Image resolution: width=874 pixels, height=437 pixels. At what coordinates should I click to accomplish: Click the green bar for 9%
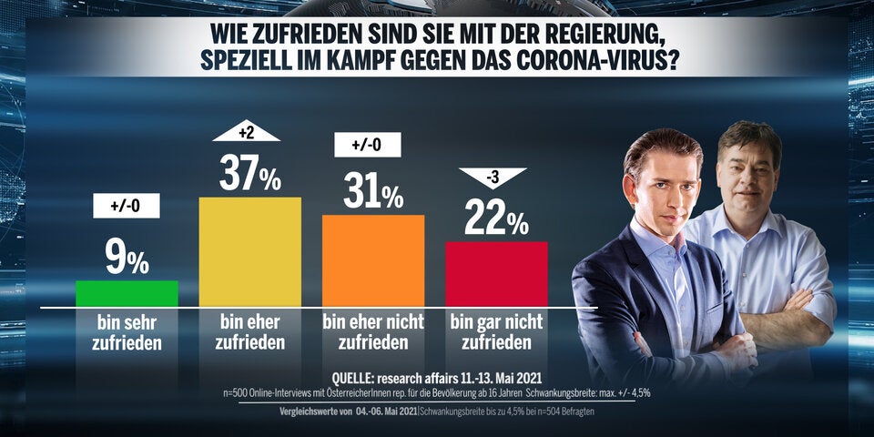pyautogui.click(x=127, y=293)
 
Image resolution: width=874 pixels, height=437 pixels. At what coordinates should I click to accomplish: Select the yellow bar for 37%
pyautogui.click(x=249, y=251)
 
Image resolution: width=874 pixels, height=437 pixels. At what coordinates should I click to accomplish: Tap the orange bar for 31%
pyautogui.click(x=373, y=260)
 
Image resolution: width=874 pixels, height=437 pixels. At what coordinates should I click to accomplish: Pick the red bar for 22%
pyautogui.click(x=496, y=273)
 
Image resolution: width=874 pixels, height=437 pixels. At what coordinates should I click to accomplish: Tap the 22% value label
pyautogui.click(x=496, y=218)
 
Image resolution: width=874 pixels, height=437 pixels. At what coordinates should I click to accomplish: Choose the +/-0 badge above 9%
pyautogui.click(x=127, y=207)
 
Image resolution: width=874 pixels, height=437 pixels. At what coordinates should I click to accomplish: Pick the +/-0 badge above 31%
pyautogui.click(x=373, y=145)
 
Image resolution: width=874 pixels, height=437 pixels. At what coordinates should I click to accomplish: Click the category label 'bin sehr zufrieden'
pyautogui.click(x=127, y=333)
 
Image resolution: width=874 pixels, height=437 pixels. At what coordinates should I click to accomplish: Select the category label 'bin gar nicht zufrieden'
pyautogui.click(x=496, y=333)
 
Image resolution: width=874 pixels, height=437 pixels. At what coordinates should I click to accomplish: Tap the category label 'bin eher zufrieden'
pyautogui.click(x=249, y=333)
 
